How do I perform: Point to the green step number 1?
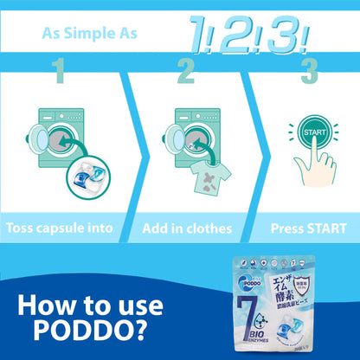coord(58,71)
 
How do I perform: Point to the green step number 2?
coord(184,71)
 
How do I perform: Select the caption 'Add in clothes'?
coord(188,228)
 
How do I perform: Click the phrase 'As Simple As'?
coord(86,34)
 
